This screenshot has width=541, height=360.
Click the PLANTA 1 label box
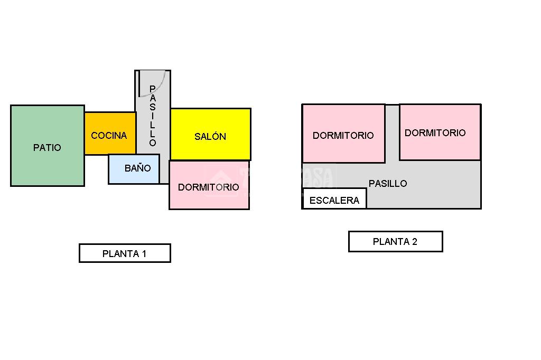pyautogui.click(x=125, y=253)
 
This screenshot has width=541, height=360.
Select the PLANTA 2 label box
pyautogui.click(x=395, y=242)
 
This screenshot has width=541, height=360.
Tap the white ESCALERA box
pyautogui.click(x=334, y=199)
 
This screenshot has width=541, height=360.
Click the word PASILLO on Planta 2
pyautogui.click(x=388, y=184)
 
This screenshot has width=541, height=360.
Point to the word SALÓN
pyautogui.click(x=210, y=137)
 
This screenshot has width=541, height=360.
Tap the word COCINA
pyautogui.click(x=109, y=136)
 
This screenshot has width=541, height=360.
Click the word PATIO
pyautogui.click(x=47, y=148)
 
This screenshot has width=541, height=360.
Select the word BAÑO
pyautogui.click(x=137, y=168)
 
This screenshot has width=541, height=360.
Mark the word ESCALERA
pyautogui.click(x=334, y=201)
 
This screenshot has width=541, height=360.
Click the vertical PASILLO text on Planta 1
pyautogui.click(x=153, y=116)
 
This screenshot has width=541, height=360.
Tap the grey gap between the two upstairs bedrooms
pyautogui.click(x=392, y=132)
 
